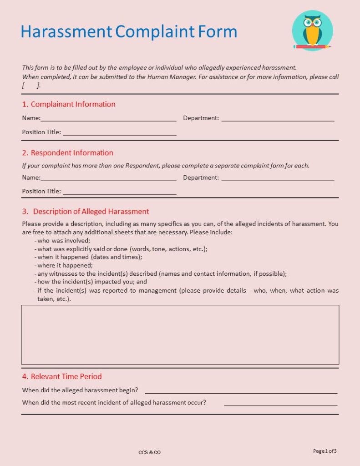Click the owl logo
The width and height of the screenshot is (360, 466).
pos(312,30)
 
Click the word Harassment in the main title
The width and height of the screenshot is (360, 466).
pos(66,32)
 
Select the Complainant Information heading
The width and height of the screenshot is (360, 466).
pos(73,104)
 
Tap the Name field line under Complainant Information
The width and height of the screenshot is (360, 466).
pos(108,120)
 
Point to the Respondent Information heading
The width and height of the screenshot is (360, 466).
pos(72,152)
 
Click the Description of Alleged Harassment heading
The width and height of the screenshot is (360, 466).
pos(91,211)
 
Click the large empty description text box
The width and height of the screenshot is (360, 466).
pos(180,334)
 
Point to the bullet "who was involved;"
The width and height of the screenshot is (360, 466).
pos(64,241)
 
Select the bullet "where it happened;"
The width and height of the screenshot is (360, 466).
pos(65,265)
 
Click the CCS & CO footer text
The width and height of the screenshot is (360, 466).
pos(150,452)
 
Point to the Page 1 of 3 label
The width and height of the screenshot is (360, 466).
pos(325,451)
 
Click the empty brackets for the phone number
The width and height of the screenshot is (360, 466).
pos(31,85)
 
